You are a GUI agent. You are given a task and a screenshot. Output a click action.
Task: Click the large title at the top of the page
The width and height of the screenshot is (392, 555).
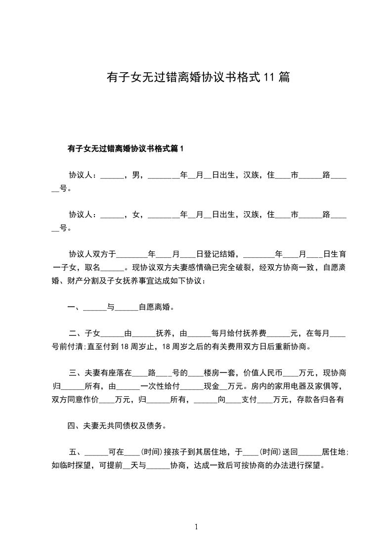(x=198, y=77)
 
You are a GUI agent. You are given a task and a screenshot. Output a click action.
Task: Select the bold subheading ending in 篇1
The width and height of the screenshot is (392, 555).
(x=125, y=148)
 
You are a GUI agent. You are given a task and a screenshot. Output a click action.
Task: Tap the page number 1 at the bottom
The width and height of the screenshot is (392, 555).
(x=196, y=527)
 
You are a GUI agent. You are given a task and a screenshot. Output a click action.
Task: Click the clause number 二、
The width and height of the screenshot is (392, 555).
(x=76, y=333)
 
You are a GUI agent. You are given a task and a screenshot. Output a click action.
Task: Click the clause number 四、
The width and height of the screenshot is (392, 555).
(x=75, y=425)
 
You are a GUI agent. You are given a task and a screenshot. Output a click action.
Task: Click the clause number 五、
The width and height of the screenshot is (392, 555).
(x=76, y=452)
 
